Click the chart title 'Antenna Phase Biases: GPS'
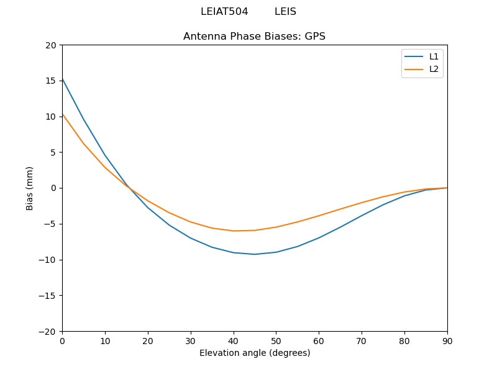click(254, 37)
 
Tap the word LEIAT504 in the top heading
click(224, 12)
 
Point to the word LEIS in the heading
click(285, 12)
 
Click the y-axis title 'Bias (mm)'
click(30, 188)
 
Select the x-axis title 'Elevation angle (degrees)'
click(255, 353)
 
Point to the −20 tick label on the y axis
click(47, 331)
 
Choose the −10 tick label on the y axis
click(47, 260)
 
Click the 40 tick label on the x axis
click(234, 340)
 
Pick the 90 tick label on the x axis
click(447, 340)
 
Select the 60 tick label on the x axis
click(319, 340)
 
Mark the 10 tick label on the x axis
click(105, 340)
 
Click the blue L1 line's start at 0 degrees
click(62, 78)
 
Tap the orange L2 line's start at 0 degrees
click(62, 113)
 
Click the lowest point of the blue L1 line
click(255, 254)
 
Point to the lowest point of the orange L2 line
click(234, 231)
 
